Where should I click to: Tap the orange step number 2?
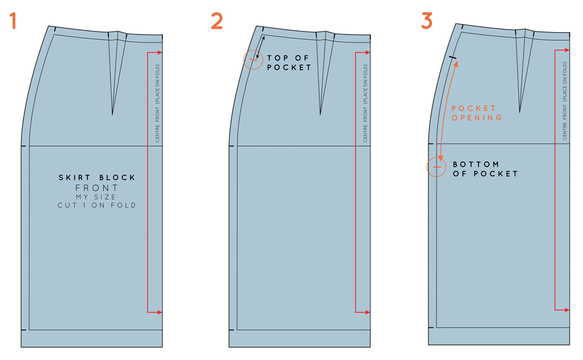pyautogui.click(x=217, y=22)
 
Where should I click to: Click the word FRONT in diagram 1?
pyautogui.click(x=97, y=188)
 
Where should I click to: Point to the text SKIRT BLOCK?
pyautogui.click(x=97, y=177)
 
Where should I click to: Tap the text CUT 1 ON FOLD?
pyautogui.click(x=97, y=205)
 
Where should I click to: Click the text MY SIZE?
pyautogui.click(x=97, y=197)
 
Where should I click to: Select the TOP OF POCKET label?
pyautogui.click(x=289, y=63)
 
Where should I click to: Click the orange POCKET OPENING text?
pyautogui.click(x=476, y=113)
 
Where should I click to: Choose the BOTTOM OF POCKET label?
pyautogui.click(x=485, y=169)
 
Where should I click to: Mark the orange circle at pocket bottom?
pyautogui.click(x=436, y=167)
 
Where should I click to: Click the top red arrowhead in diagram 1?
pyautogui.click(x=159, y=52)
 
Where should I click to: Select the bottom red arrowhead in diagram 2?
pyautogui.click(x=367, y=312)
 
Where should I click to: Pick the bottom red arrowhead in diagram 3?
pyautogui.click(x=566, y=310)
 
